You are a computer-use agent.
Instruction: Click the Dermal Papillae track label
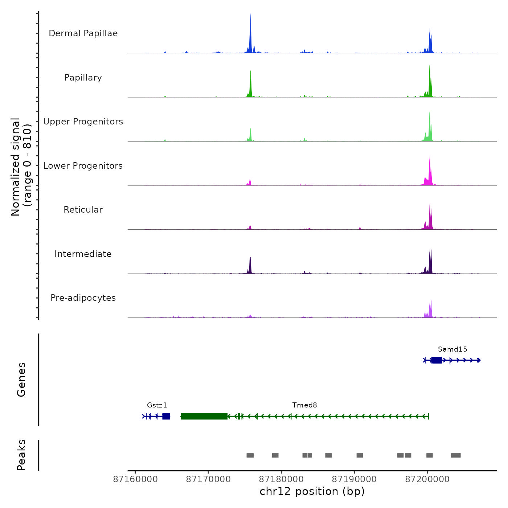point(83,33)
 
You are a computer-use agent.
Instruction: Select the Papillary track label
point(83,78)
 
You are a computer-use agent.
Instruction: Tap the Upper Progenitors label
point(83,122)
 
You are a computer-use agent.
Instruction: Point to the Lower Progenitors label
point(83,166)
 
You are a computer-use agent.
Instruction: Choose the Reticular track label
point(83,210)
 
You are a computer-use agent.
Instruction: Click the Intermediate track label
point(83,254)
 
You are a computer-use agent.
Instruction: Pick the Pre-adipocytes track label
point(83,298)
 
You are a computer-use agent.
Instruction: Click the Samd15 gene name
point(452,349)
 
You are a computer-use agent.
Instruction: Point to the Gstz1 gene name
point(157,405)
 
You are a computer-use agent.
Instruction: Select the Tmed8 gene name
point(305,405)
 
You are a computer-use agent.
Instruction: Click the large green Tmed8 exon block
point(204,416)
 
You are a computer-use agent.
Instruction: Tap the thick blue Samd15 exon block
point(437,360)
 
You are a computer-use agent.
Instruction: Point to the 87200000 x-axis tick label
point(427,479)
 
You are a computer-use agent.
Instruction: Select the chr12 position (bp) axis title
point(312,492)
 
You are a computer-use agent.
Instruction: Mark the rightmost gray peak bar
point(456,455)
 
